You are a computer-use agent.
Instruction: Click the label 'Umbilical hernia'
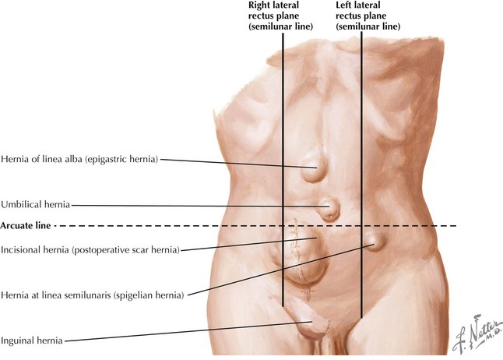pos(36,205)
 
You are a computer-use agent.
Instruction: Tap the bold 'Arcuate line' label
pos(26,226)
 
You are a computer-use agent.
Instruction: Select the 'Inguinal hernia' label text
pos(32,340)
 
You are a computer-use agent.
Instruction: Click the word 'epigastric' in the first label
pos(116,160)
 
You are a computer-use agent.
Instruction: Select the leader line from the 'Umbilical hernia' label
pos(195,206)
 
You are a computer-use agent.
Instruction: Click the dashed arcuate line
pos(195,226)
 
